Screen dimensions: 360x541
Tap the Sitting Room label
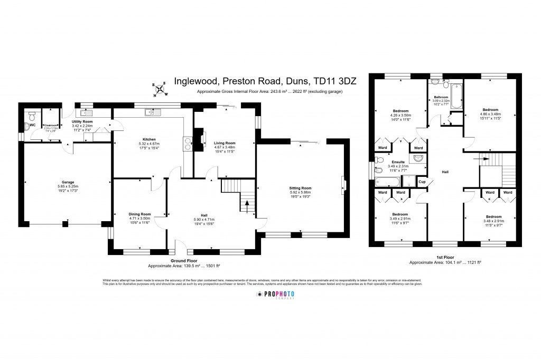[300, 188]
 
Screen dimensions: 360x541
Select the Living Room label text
[224, 143]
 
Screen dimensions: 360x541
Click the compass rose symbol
[158, 89]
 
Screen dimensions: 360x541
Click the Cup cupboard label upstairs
[422, 182]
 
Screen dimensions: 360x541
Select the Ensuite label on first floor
[396, 162]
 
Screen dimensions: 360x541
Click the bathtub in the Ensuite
[387, 182]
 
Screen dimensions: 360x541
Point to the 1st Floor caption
[445, 257]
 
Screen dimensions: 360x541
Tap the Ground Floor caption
[184, 261]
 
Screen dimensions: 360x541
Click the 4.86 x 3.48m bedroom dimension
[490, 115]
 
